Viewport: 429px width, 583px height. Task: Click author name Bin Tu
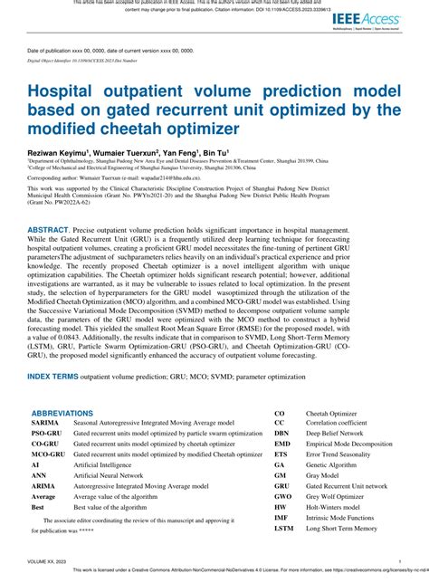[x=217, y=154]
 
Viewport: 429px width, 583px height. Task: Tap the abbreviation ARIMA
[x=43, y=485]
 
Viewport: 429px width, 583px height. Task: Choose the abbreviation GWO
[x=283, y=496]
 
